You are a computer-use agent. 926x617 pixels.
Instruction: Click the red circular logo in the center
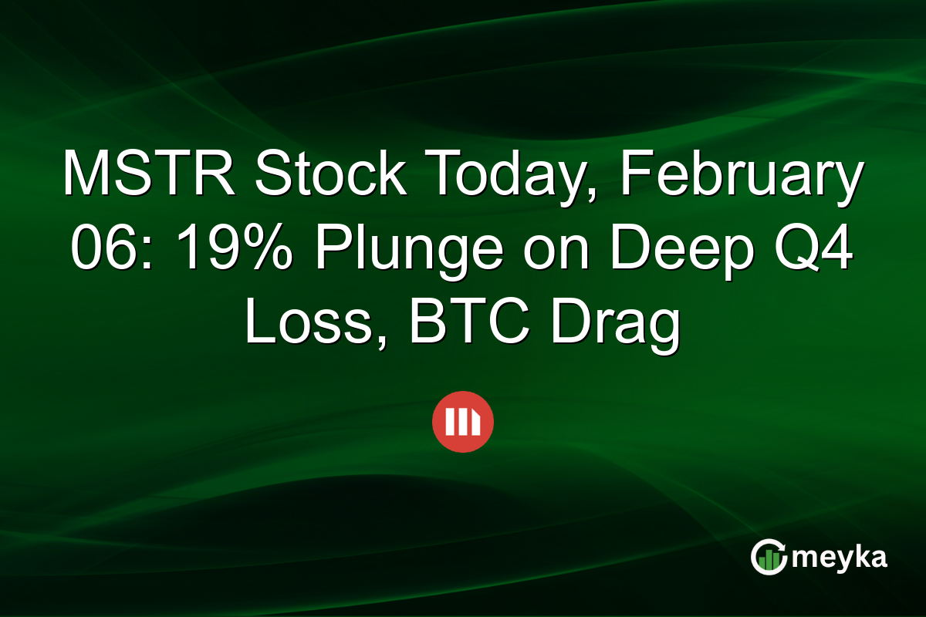(x=463, y=422)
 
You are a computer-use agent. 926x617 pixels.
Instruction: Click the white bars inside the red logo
(x=462, y=422)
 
